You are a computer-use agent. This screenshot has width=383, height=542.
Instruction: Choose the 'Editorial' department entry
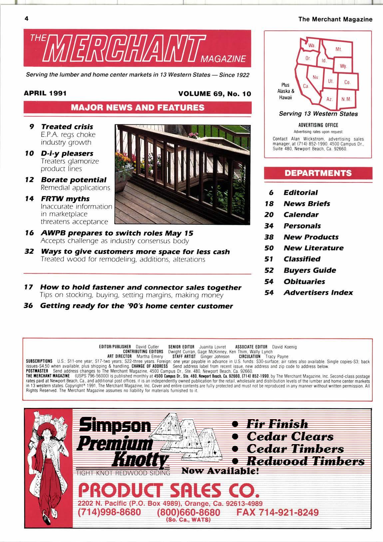pyautogui.click(x=300, y=192)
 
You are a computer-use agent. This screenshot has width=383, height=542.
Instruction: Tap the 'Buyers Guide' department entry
pyautogui.click(x=309, y=270)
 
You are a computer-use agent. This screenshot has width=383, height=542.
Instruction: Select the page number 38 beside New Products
pyautogui.click(x=269, y=237)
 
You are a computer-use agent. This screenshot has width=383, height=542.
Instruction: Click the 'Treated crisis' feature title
pyautogui.click(x=67, y=127)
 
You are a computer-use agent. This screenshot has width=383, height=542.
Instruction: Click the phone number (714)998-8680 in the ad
pyautogui.click(x=109, y=512)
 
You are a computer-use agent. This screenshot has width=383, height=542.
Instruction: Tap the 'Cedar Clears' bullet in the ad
pyautogui.click(x=290, y=437)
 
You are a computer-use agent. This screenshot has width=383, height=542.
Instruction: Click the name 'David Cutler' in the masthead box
pyautogui.click(x=147, y=347)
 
